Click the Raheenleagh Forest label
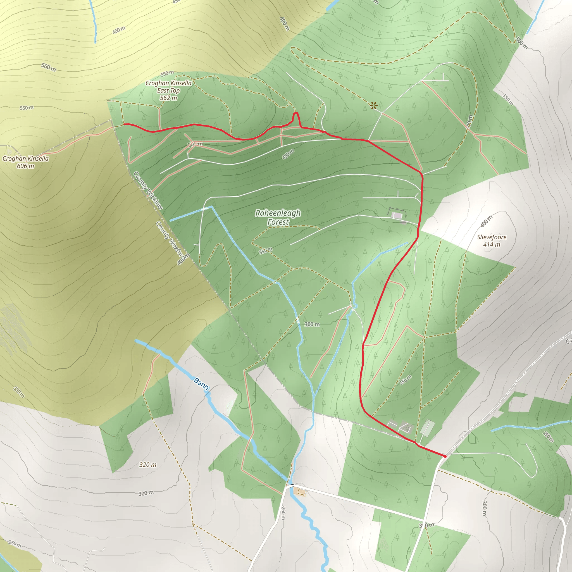click(x=278, y=217)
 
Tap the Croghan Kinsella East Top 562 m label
click(x=168, y=90)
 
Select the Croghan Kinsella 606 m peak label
click(x=25, y=162)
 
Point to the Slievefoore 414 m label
click(x=492, y=241)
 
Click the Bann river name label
click(x=201, y=383)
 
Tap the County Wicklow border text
click(x=148, y=191)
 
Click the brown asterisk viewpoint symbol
click(x=373, y=105)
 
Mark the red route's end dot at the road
click(x=445, y=456)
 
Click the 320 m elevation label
click(x=147, y=464)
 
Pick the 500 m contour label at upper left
click(x=49, y=67)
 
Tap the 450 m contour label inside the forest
click(x=288, y=154)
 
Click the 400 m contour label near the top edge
click(x=284, y=24)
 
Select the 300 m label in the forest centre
click(x=312, y=324)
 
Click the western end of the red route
click(x=124, y=124)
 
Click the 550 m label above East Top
click(x=167, y=73)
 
